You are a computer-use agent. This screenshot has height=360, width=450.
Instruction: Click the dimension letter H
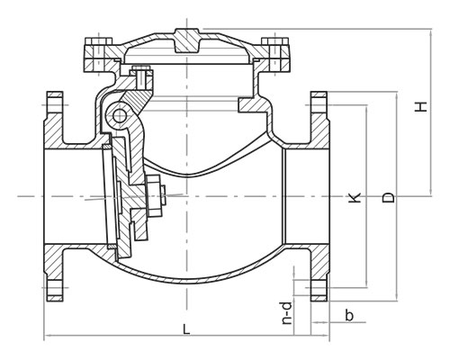coord(421,107)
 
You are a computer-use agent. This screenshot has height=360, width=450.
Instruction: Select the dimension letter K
coord(355,197)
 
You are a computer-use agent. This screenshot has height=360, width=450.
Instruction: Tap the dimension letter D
coord(389,197)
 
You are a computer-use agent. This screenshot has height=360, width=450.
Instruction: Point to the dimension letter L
coord(186,329)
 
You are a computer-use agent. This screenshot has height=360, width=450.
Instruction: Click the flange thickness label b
coord(349,315)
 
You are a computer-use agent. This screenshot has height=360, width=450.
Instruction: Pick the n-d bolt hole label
coord(287,314)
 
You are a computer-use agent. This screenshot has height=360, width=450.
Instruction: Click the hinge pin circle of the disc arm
coord(120,115)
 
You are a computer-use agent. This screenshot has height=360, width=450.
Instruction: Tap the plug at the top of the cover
coord(186,40)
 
